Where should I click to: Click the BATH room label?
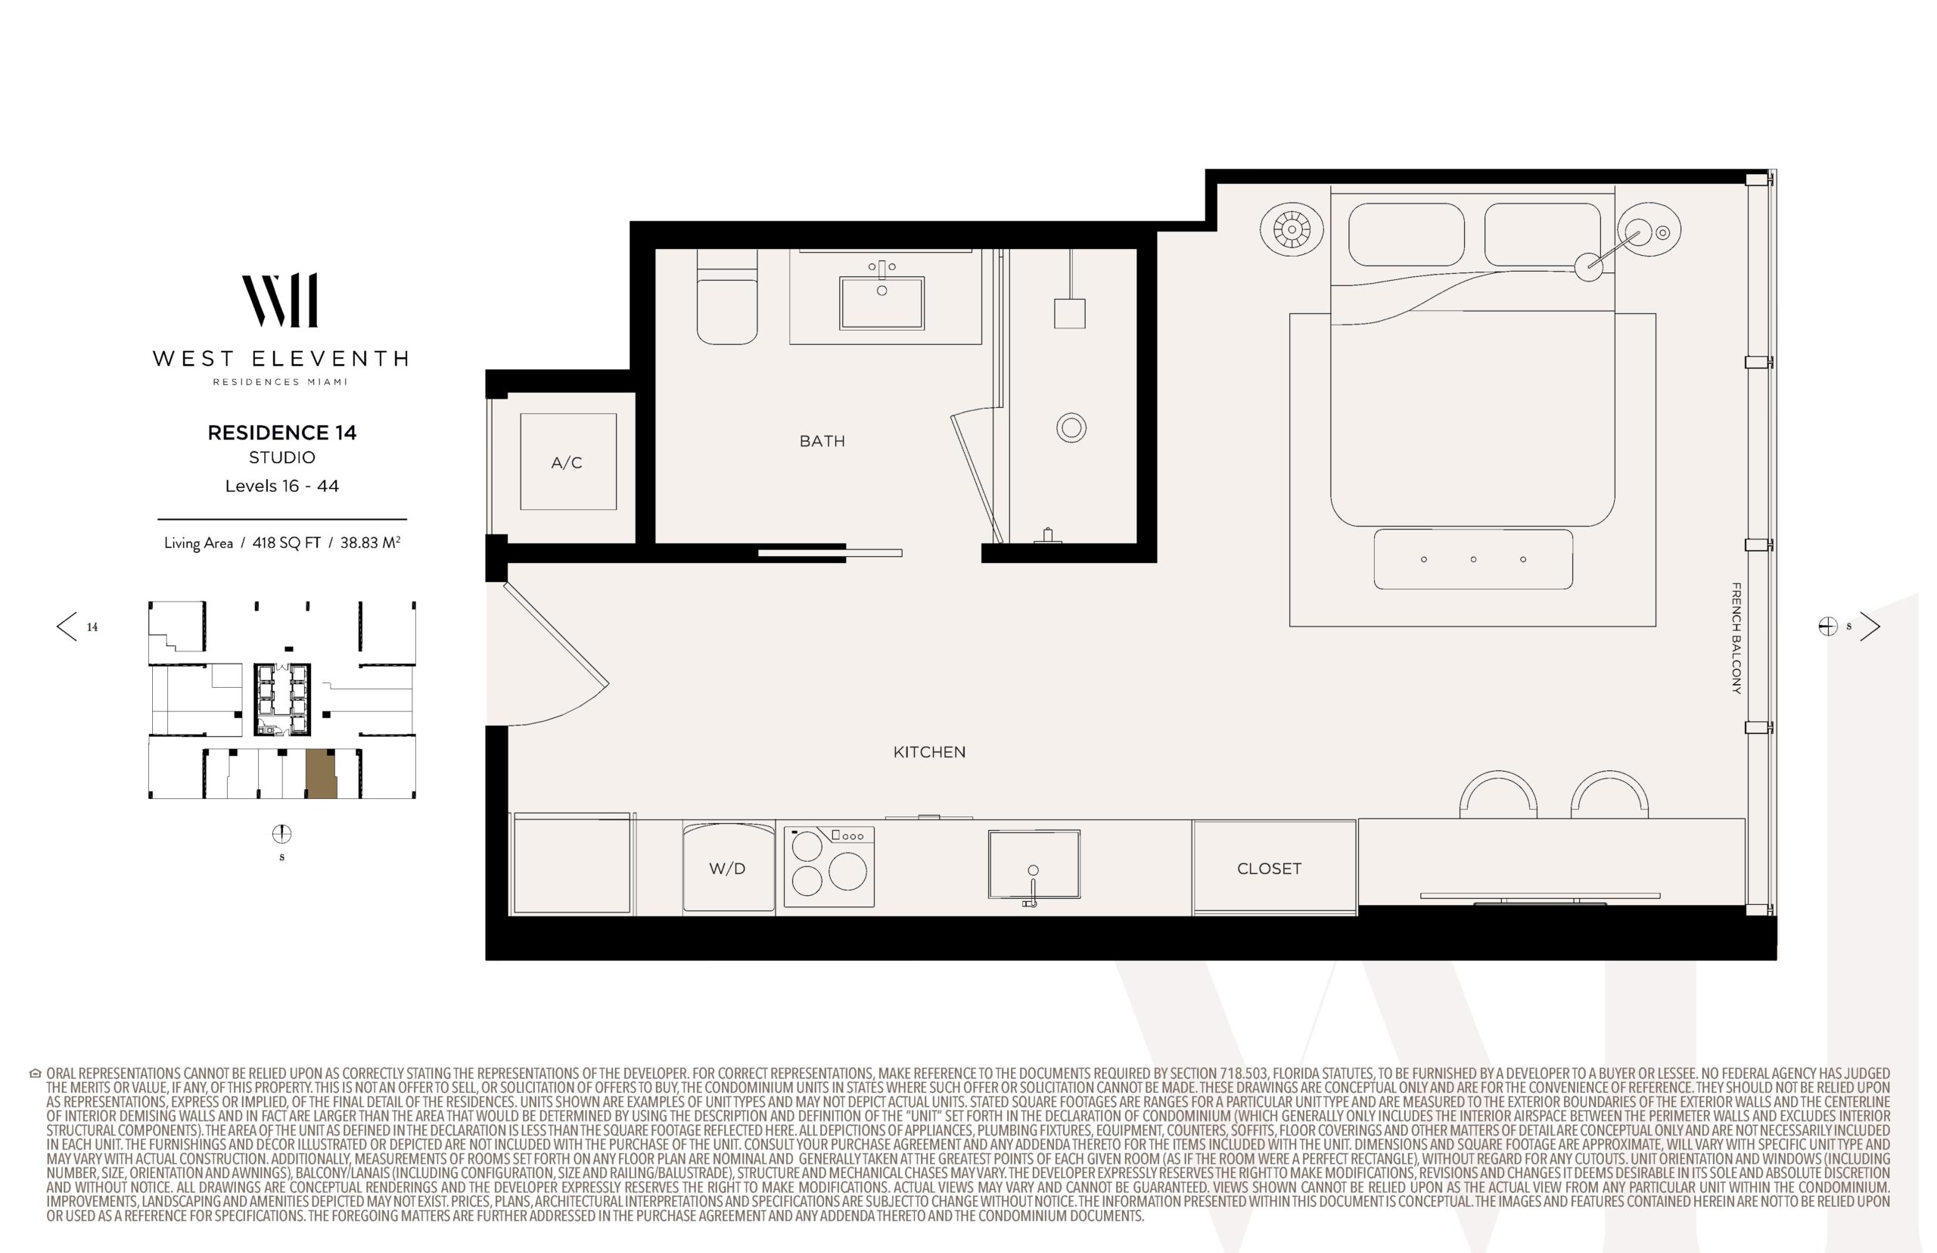pos(822,441)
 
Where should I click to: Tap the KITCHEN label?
pos(929,752)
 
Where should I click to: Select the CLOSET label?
pos(1268,868)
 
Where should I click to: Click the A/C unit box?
pos(567,462)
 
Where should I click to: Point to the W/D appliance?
pos(728,867)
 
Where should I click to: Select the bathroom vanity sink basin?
pos(881,303)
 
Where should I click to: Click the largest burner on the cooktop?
pos(847,871)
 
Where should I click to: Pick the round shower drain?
pos(1071,428)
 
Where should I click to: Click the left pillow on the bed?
pos(1406,235)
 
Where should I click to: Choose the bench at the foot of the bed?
pos(1473,559)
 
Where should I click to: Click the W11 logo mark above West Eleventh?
pos(280,300)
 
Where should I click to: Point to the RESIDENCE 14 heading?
pos(282,433)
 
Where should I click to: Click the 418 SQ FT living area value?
pos(286,543)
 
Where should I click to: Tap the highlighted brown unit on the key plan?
pos(322,775)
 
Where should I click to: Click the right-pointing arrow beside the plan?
pos(1870,626)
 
